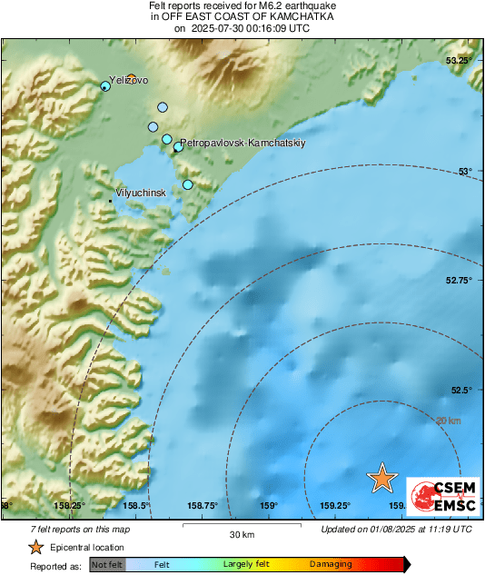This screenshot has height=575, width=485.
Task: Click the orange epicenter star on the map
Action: [382, 478]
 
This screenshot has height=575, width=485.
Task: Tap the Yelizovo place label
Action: [128, 80]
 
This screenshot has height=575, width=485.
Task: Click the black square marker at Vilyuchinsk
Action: [111, 201]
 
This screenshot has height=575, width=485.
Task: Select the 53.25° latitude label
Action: [459, 60]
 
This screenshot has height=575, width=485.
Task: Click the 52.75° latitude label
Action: [459, 281]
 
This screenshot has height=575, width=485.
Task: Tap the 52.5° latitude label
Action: [461, 391]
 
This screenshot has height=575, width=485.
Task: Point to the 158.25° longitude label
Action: [70, 506]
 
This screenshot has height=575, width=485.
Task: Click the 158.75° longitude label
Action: [203, 506]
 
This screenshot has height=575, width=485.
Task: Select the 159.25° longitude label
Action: [335, 506]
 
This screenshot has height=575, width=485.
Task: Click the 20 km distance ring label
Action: [449, 421]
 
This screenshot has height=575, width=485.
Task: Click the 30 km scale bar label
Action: [241, 533]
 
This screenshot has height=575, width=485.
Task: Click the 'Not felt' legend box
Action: [108, 565]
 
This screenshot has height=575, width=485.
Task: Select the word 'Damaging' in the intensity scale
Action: [331, 565]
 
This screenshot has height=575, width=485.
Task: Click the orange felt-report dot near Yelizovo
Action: [132, 78]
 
